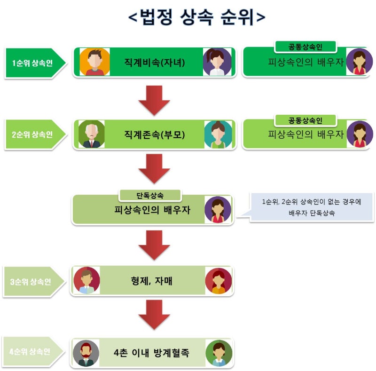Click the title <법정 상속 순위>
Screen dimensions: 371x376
pyautogui.click(x=197, y=17)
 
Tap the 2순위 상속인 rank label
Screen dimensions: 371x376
pyautogui.click(x=32, y=134)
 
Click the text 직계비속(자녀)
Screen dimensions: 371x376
pyautogui.click(x=156, y=62)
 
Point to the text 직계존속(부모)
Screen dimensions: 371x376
pyautogui.click(x=156, y=134)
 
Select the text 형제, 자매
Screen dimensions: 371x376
pyautogui.click(x=152, y=282)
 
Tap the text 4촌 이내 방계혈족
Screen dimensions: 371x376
pyautogui.click(x=151, y=353)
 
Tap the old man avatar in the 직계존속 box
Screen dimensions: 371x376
pyautogui.click(x=91, y=134)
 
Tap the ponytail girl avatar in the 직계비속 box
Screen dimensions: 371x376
pyautogui.click(x=217, y=62)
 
